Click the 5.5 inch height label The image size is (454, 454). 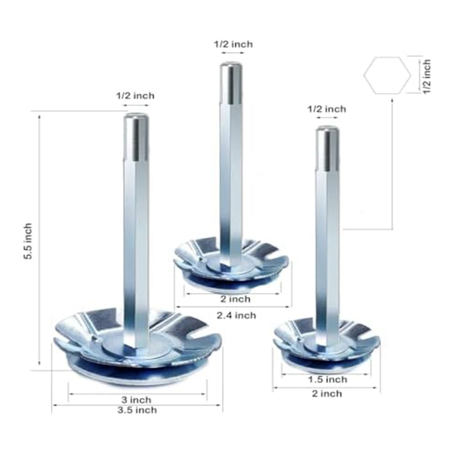[28, 241]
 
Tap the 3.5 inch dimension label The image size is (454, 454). [137, 410]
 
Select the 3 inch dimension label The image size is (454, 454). [136, 400]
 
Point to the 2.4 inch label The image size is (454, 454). [237, 315]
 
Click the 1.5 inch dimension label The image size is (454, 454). [327, 380]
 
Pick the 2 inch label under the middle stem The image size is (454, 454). [235, 299]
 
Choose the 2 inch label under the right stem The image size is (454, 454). [327, 394]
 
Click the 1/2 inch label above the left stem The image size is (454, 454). [135, 95]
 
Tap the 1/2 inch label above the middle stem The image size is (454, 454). [233, 44]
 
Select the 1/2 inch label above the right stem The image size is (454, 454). [327, 109]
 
